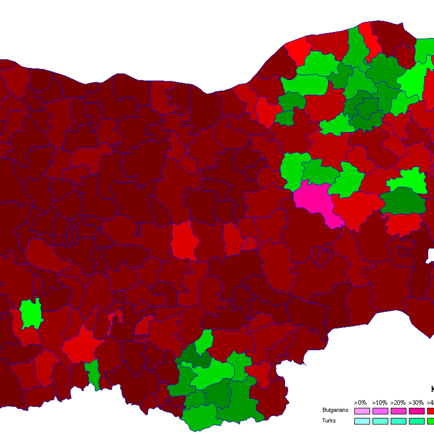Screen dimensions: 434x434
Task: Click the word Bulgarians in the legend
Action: tap(335, 410)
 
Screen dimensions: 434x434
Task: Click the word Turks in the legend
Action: tap(329, 421)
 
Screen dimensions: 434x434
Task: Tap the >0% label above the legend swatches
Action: tap(360, 403)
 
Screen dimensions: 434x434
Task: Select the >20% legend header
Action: tap(398, 403)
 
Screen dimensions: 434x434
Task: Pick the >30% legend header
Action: tap(416, 403)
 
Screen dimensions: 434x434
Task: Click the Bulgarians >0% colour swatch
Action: tap(362, 411)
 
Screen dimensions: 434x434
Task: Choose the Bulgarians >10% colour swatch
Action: tap(380, 411)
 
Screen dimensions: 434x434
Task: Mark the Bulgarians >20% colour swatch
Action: tap(398, 411)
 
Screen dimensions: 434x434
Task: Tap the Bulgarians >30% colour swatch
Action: tap(417, 411)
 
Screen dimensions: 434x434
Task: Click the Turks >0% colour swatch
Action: tap(362, 421)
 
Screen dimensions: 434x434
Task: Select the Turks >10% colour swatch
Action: tap(380, 421)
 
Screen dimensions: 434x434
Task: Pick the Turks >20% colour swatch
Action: tap(398, 421)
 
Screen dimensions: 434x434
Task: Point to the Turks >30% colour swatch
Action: tap(417, 421)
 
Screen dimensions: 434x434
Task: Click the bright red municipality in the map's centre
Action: tap(184, 240)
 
